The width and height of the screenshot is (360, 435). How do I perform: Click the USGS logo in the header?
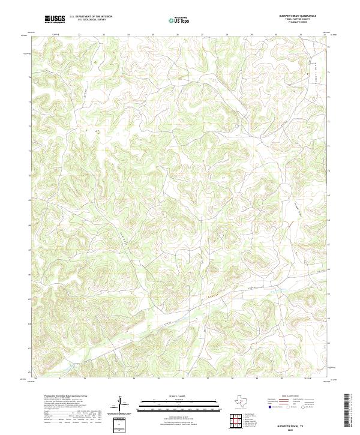click(x=55, y=19)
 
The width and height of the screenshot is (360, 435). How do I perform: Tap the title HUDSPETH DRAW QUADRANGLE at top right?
click(x=298, y=15)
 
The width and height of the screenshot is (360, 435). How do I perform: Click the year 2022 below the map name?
click(x=298, y=428)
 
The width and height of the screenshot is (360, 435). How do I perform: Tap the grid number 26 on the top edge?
click(x=178, y=34)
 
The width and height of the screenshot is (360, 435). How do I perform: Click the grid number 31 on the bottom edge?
click(x=281, y=379)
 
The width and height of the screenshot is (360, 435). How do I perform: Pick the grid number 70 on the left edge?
click(x=30, y=175)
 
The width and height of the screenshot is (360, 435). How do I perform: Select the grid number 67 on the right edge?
click(x=329, y=245)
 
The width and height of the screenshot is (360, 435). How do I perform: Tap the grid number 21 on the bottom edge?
click(x=60, y=379)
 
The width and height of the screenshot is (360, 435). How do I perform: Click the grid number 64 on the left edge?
click(x=30, y=323)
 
